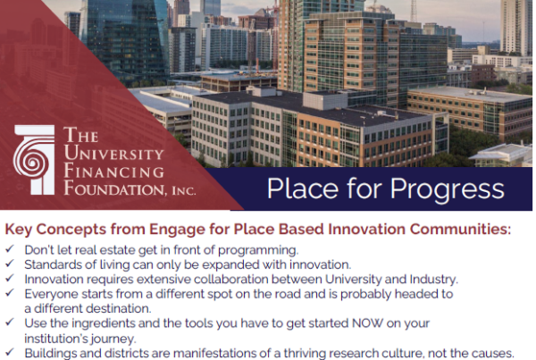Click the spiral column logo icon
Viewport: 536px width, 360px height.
coord(34,160)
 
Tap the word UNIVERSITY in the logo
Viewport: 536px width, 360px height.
coord(113,153)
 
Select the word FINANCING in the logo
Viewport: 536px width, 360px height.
coord(113,171)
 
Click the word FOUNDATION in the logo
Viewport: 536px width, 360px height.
coord(115,188)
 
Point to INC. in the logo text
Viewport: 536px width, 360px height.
coord(184,190)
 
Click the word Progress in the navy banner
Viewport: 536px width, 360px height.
coord(447,189)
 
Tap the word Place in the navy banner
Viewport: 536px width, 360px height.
coord(303,188)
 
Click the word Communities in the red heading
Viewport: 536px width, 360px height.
coord(460,229)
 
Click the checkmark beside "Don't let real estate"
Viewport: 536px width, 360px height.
coord(10,248)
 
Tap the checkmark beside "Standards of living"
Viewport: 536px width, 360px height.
coord(10,264)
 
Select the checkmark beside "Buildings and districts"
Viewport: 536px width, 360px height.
coord(10,352)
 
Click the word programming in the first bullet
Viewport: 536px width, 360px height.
coord(258,251)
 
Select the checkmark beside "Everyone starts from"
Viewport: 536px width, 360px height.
coord(10,293)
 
